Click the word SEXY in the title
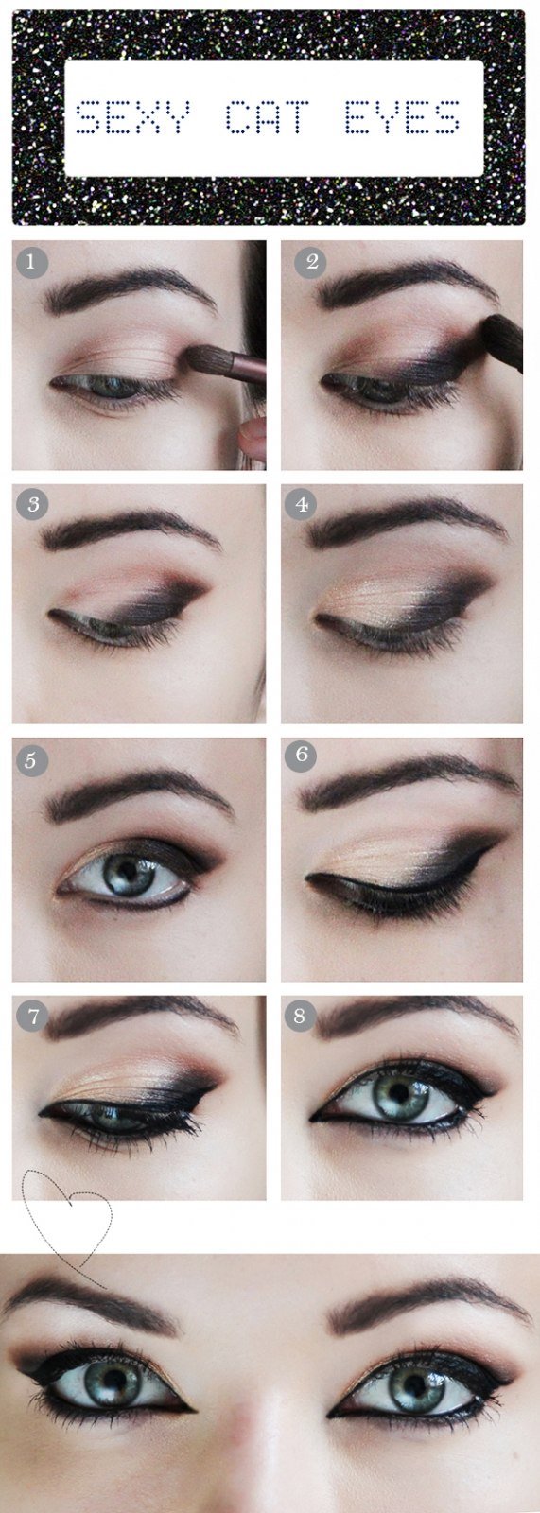coord(132,117)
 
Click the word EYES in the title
coord(403,117)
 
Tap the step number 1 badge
coord(32,261)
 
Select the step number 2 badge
coord(310,261)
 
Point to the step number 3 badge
coord(32,505)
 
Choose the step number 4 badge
coord(302,505)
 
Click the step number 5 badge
coord(31,760)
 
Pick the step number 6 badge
coord(302,753)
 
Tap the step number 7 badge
coord(32,1016)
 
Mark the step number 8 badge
coord(300,1016)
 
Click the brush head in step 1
coord(205,357)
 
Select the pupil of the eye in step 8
coord(401,1091)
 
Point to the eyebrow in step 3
coord(129,530)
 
